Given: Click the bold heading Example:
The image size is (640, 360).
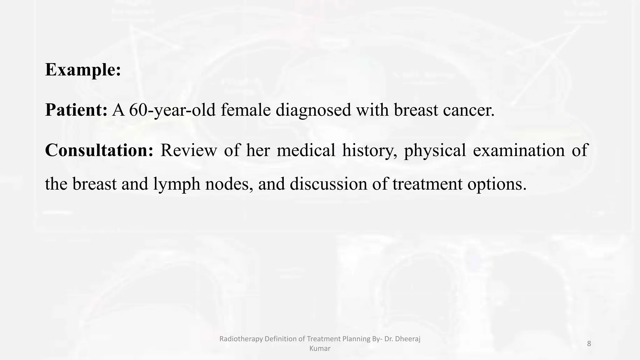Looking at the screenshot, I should point(83,69).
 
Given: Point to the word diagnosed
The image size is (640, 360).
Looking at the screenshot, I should point(313,110).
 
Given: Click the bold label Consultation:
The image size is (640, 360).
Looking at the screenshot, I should point(99,150).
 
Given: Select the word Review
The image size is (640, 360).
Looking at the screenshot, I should point(188,150).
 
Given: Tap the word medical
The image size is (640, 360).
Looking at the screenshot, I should point(306,150).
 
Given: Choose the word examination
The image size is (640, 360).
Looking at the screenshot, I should point(519,150).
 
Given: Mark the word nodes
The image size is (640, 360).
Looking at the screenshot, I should point(229,184).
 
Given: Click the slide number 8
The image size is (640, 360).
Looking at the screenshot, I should point(589,344).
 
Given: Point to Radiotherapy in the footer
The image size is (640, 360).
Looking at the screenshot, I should point(241,339).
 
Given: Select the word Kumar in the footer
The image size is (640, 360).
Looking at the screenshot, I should point(320,348).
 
